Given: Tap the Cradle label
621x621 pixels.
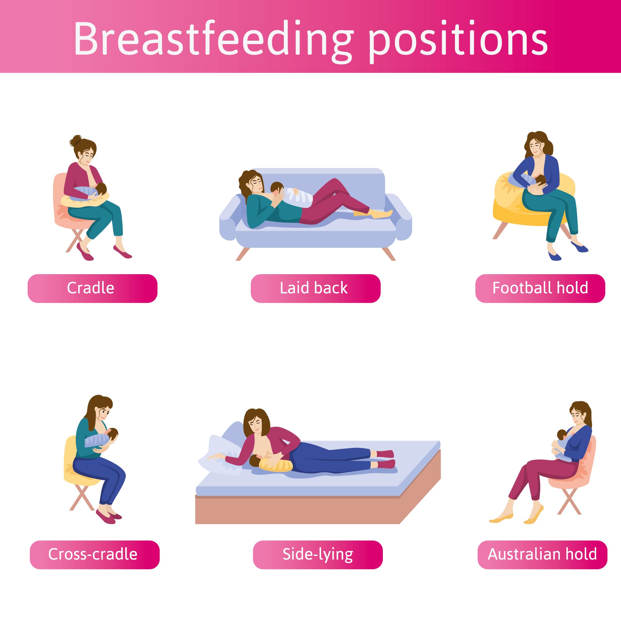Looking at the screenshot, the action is click(x=93, y=288).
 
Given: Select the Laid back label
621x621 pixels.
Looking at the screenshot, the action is click(x=315, y=288).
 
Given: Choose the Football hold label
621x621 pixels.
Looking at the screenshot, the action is click(x=540, y=288).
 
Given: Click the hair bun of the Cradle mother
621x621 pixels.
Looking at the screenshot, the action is click(x=76, y=141).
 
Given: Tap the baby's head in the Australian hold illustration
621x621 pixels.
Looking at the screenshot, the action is click(x=562, y=435).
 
